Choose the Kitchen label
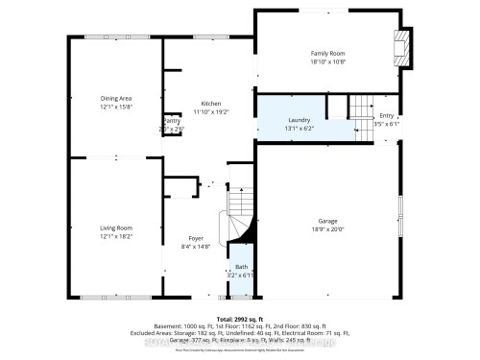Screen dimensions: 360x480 tap(211, 104)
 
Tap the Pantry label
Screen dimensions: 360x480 tap(171, 121)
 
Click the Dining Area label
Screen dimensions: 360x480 tap(116, 98)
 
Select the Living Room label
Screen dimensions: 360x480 tap(115, 228)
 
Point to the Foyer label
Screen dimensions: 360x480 tap(196, 239)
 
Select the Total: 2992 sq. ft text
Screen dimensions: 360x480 tap(240, 317)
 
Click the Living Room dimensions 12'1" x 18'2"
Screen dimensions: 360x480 tap(115, 235)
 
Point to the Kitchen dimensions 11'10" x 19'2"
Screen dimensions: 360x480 tap(211, 111)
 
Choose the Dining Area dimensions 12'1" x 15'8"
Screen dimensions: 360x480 tap(116, 106)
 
